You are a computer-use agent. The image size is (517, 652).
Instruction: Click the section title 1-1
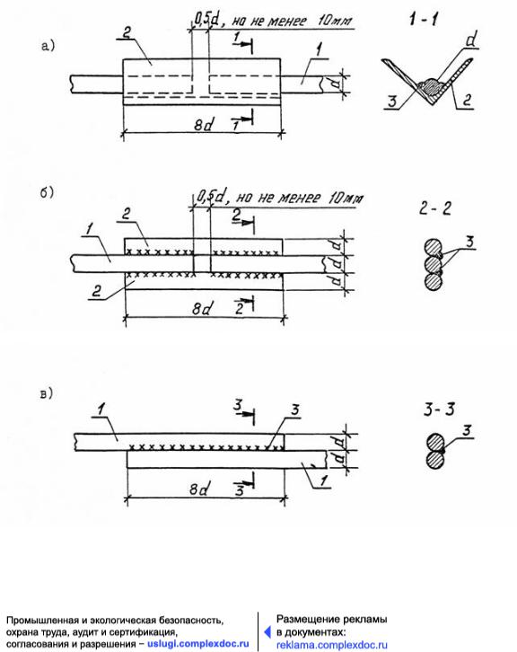tap(423, 19)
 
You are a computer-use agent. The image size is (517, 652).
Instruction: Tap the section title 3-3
tap(439, 410)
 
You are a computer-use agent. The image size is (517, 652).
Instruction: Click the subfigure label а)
tap(48, 45)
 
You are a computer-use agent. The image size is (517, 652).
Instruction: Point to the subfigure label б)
tap(47, 192)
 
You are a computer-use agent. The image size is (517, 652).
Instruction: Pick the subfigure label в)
tap(47, 393)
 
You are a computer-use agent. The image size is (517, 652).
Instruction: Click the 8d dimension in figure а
tap(204, 124)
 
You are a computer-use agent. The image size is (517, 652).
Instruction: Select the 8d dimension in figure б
tap(202, 309)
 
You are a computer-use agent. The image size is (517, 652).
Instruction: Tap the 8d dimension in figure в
tap(198, 489)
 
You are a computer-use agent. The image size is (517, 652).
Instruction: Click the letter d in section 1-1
tap(471, 40)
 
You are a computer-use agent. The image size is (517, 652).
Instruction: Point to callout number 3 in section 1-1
tap(392, 101)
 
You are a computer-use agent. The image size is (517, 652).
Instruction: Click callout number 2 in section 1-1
tap(467, 100)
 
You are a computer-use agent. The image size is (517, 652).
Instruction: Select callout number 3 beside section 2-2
tap(469, 242)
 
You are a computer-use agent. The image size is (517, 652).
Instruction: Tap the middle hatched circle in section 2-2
tap(434, 264)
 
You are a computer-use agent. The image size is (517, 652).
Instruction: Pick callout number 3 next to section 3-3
tap(467, 430)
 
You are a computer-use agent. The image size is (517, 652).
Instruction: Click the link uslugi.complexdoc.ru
tap(198, 644)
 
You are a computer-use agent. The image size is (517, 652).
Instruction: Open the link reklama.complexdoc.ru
tap(332, 645)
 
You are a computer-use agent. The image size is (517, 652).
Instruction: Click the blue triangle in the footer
tap(267, 632)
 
